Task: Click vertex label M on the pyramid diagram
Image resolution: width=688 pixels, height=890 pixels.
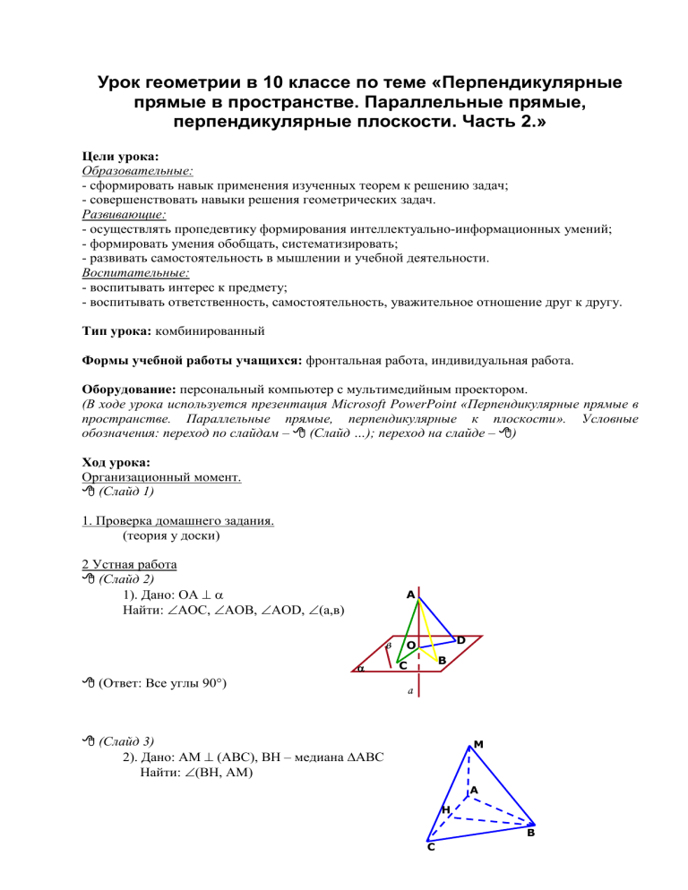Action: [479, 744]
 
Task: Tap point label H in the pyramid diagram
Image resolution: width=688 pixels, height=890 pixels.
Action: [445, 809]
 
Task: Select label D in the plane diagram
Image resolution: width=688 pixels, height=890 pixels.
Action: [460, 640]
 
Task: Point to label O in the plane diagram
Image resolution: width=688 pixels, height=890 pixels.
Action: [409, 645]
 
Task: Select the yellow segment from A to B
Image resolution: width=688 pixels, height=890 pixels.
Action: [426, 627]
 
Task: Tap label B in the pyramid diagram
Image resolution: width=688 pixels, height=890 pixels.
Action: [531, 833]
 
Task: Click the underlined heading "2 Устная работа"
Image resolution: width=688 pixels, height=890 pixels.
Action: [129, 565]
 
